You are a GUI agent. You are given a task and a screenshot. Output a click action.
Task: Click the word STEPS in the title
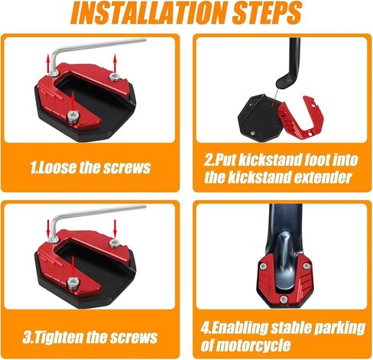point(268,13)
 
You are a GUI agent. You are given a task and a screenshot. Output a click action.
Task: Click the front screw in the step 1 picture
point(73,117)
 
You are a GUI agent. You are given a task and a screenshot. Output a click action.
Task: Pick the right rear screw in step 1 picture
point(115,76)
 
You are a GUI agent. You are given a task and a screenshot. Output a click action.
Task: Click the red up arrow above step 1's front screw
point(73,100)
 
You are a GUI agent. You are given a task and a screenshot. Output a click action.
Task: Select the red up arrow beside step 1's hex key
point(48,63)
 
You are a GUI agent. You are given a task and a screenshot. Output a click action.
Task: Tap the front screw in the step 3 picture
point(73,283)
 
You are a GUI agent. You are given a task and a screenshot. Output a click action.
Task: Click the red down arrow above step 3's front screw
point(73,267)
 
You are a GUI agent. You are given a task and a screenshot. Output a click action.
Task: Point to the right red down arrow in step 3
point(115,229)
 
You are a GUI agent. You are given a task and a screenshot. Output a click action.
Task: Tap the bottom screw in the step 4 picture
point(284,300)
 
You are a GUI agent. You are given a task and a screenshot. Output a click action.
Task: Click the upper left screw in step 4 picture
point(264,266)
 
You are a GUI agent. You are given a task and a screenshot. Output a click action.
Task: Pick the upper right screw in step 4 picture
point(307,266)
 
